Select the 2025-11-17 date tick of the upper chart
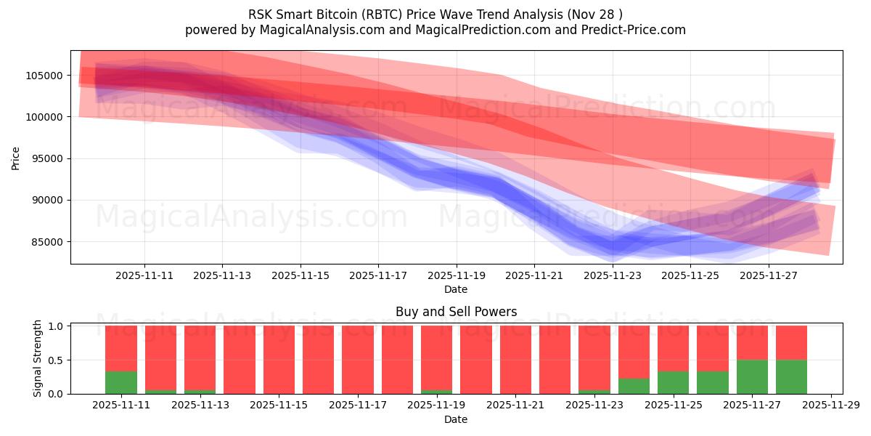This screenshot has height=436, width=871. click(x=378, y=276)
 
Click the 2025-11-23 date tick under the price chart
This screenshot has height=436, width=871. click(x=613, y=276)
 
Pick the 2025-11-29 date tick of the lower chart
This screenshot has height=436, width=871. click(x=830, y=405)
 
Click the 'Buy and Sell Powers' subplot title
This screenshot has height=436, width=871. click(x=456, y=312)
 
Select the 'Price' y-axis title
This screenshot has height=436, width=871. click(x=16, y=158)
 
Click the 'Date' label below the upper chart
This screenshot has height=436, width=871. click(x=456, y=289)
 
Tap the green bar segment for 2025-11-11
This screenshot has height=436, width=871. click(x=121, y=382)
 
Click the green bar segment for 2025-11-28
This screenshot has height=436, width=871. click(x=791, y=376)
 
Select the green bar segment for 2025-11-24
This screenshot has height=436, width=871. click(x=634, y=386)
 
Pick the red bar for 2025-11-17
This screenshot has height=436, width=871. click(x=358, y=360)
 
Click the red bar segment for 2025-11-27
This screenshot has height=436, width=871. click(x=752, y=342)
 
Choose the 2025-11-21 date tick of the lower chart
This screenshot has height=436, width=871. click(x=515, y=405)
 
